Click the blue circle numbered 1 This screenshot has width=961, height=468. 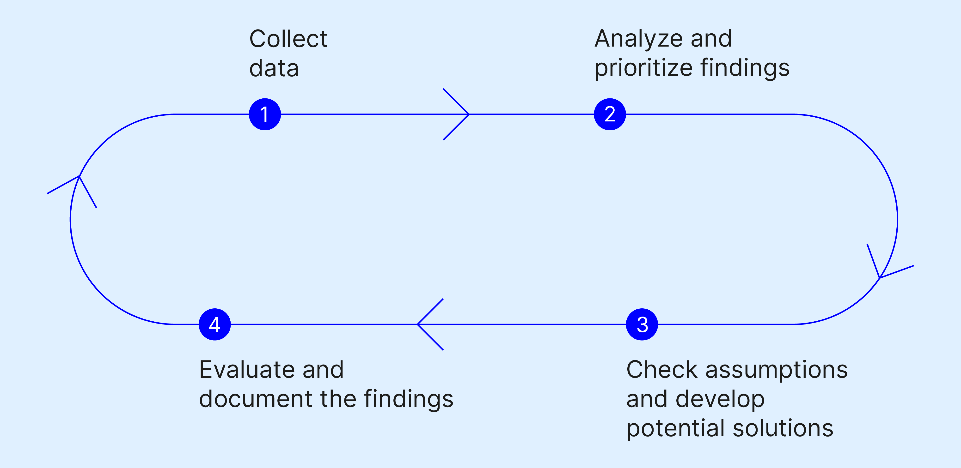point(264,114)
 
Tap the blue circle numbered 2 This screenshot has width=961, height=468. point(610,114)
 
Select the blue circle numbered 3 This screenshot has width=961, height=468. point(642,324)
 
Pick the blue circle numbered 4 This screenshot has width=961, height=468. point(214,324)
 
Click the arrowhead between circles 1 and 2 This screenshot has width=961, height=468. point(461,114)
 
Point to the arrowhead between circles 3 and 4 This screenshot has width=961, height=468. point(425,324)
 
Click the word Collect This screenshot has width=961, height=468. point(288,39)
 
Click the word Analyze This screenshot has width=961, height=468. point(637,39)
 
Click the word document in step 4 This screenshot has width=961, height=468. point(256,399)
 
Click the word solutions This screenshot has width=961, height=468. point(783,428)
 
